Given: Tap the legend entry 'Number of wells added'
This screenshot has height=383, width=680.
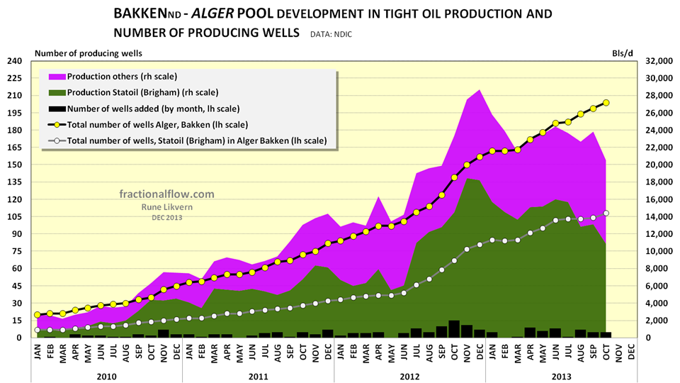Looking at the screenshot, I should click(x=153, y=109).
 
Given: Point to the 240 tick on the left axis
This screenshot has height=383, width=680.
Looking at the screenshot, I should click(x=14, y=61).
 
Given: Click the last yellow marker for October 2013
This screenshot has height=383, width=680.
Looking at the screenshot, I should click(x=606, y=103).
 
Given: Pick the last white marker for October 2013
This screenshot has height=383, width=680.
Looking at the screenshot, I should click(x=606, y=213).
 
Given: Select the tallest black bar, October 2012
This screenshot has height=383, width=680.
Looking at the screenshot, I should click(x=454, y=329).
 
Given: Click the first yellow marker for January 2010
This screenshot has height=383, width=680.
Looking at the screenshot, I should click(x=37, y=315).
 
